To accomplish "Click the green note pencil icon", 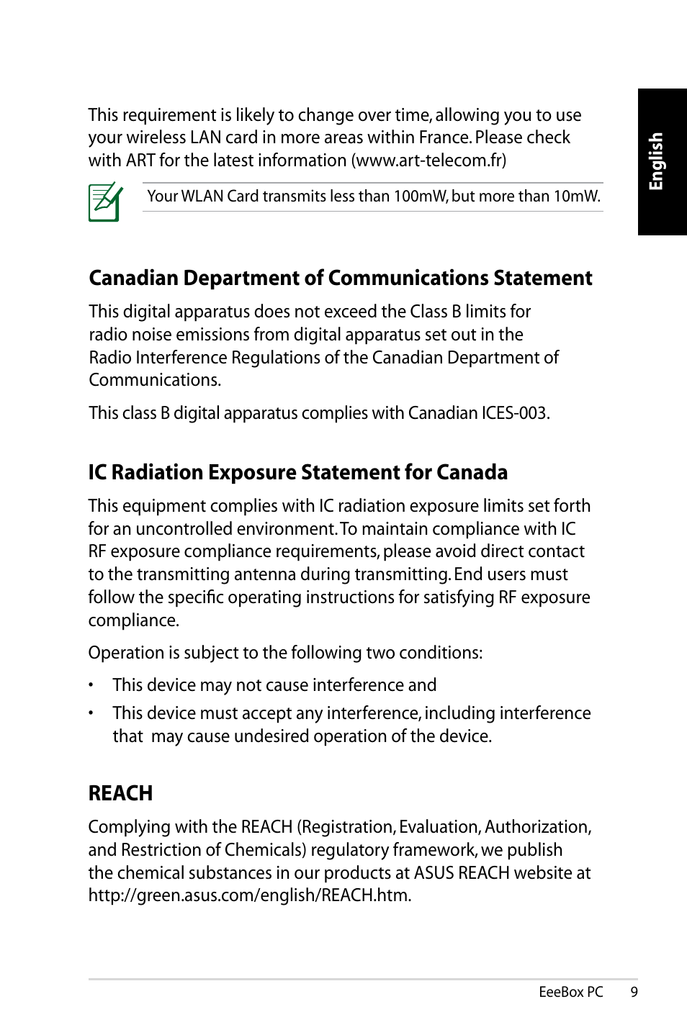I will (x=105, y=202).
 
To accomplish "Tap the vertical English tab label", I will (x=656, y=161).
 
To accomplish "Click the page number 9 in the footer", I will (x=634, y=992).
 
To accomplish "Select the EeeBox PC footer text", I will (x=570, y=992).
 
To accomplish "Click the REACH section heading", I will (x=120, y=793).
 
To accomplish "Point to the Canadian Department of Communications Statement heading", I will (x=340, y=278).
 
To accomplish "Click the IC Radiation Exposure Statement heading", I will (x=297, y=472).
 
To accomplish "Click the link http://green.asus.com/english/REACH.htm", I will (x=249, y=895).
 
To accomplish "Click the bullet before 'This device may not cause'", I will (x=91, y=685).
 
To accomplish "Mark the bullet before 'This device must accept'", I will (x=91, y=713).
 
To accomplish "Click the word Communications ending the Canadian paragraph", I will (x=154, y=380).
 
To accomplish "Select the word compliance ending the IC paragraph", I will (x=133, y=620).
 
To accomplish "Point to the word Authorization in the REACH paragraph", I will (x=537, y=827).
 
